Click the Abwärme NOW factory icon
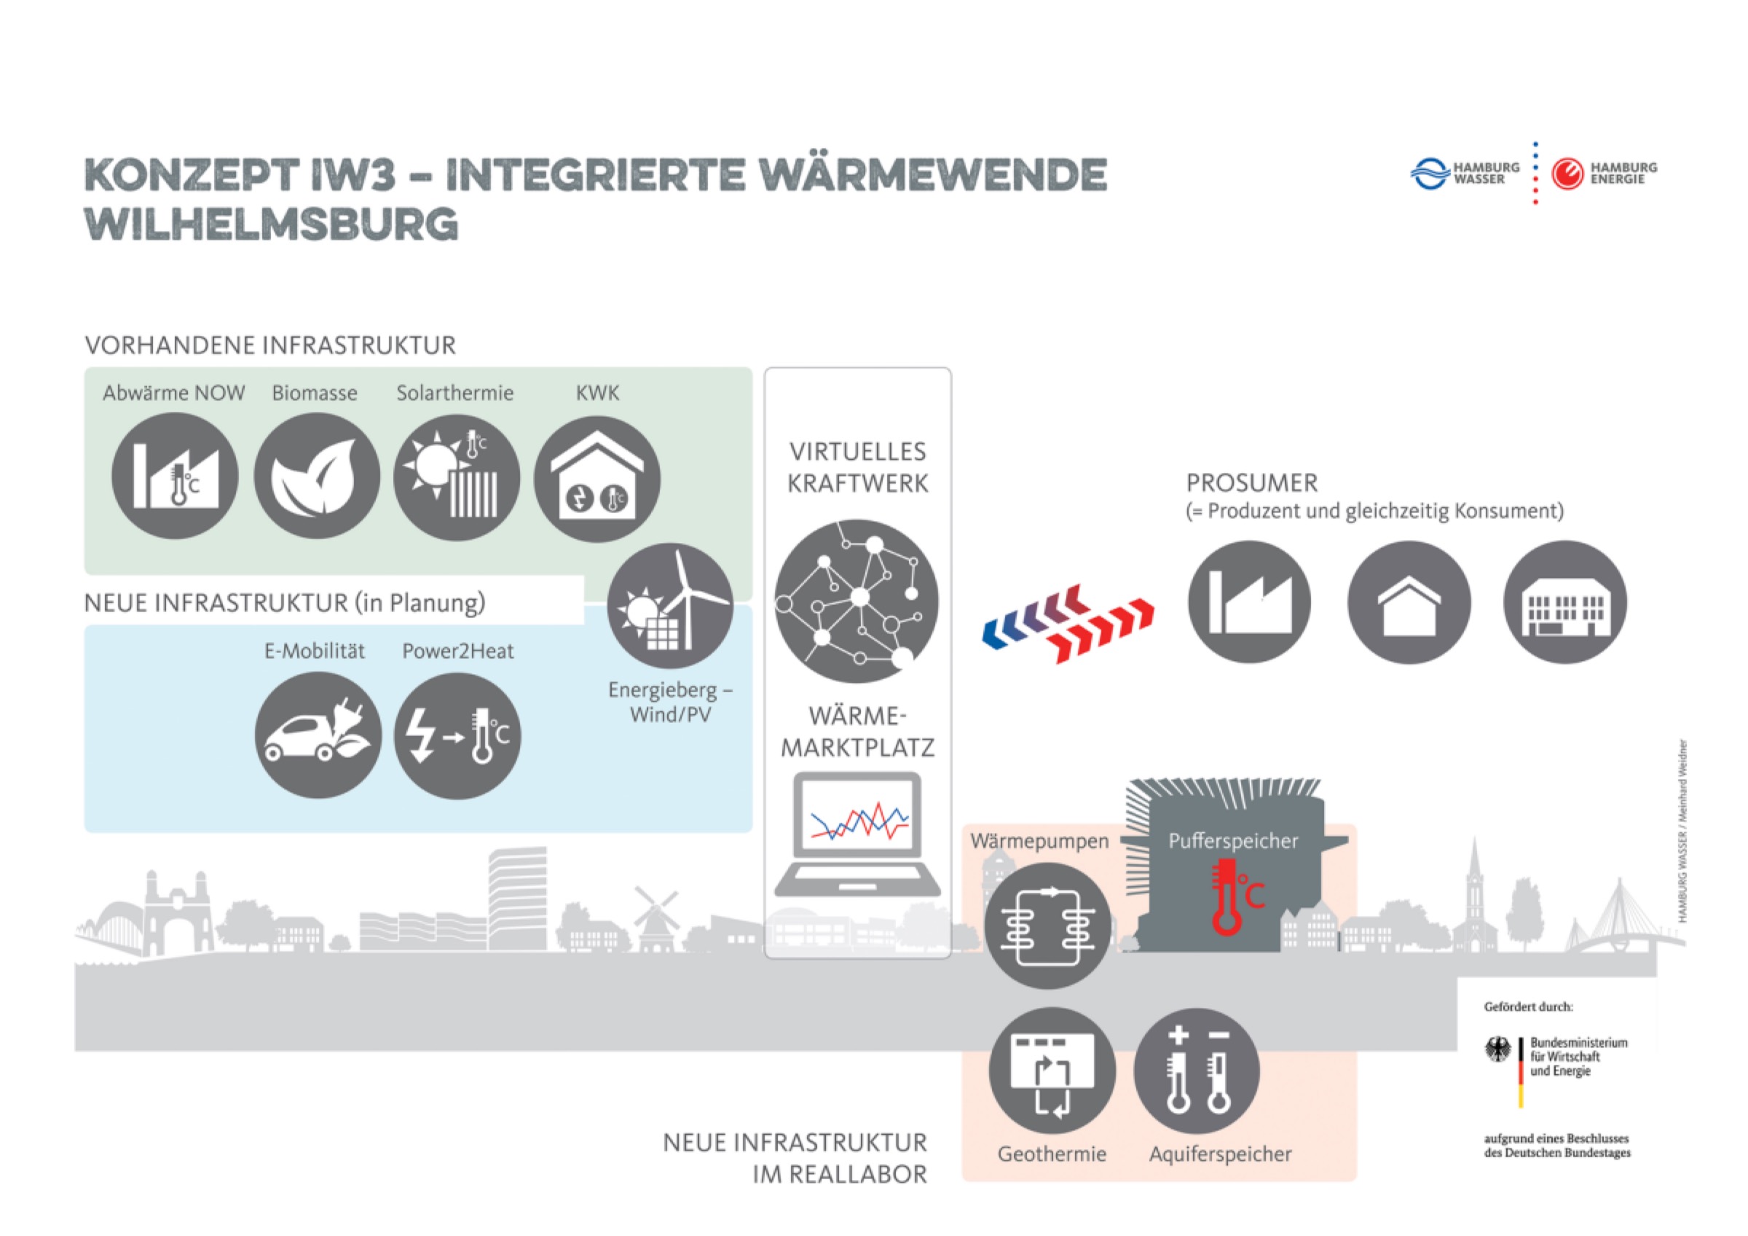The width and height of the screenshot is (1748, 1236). coord(174,476)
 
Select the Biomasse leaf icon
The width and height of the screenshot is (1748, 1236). coord(317,476)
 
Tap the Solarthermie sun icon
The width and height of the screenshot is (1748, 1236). coord(457,477)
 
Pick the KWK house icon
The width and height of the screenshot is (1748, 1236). coord(598,479)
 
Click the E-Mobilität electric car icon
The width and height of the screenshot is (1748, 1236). coord(318,735)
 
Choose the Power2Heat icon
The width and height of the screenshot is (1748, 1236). coord(457,735)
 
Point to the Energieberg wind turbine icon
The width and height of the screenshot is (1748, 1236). coord(670,606)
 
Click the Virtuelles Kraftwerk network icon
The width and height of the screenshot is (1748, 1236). coord(857,601)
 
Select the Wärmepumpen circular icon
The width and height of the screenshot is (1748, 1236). coord(1047,926)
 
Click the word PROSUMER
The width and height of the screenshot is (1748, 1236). coord(1251,483)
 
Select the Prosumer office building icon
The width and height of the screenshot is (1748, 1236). coord(1565,603)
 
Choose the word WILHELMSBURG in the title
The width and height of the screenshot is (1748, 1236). coord(272,224)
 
